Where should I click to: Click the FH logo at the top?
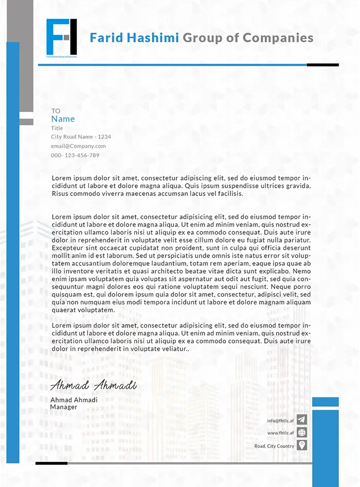(x=61, y=37)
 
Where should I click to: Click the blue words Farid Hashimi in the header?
(x=134, y=38)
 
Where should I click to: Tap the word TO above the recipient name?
(x=56, y=111)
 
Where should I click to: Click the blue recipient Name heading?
(x=63, y=119)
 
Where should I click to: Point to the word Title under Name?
(x=57, y=128)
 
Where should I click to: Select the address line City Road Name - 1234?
(x=81, y=137)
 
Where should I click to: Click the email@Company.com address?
(x=78, y=146)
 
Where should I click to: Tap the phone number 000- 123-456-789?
(x=75, y=155)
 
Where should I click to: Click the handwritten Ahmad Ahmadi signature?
(x=93, y=385)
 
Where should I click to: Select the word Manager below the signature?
(x=63, y=407)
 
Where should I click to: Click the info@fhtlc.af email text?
(x=280, y=421)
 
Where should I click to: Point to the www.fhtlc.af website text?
(x=280, y=433)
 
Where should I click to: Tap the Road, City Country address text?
(x=274, y=446)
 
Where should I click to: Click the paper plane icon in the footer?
(x=302, y=420)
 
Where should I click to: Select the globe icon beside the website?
(x=302, y=433)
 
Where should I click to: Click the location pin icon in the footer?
(x=302, y=445)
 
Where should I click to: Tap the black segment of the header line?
(x=322, y=65)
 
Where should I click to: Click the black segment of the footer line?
(x=51, y=463)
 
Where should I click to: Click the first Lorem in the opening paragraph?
(x=61, y=177)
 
